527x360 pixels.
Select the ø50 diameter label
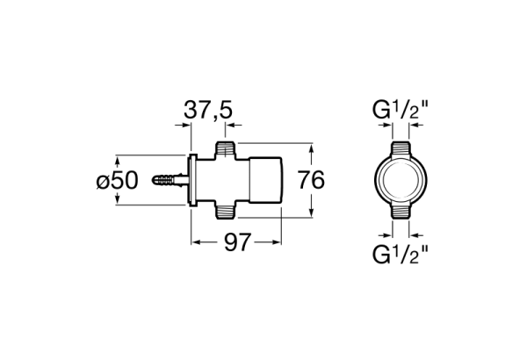(x=117, y=180)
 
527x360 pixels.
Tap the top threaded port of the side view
(x=227, y=150)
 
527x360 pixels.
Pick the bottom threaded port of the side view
(x=227, y=210)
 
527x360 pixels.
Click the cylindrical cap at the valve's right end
(x=267, y=180)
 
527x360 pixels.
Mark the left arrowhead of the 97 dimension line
(x=196, y=240)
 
